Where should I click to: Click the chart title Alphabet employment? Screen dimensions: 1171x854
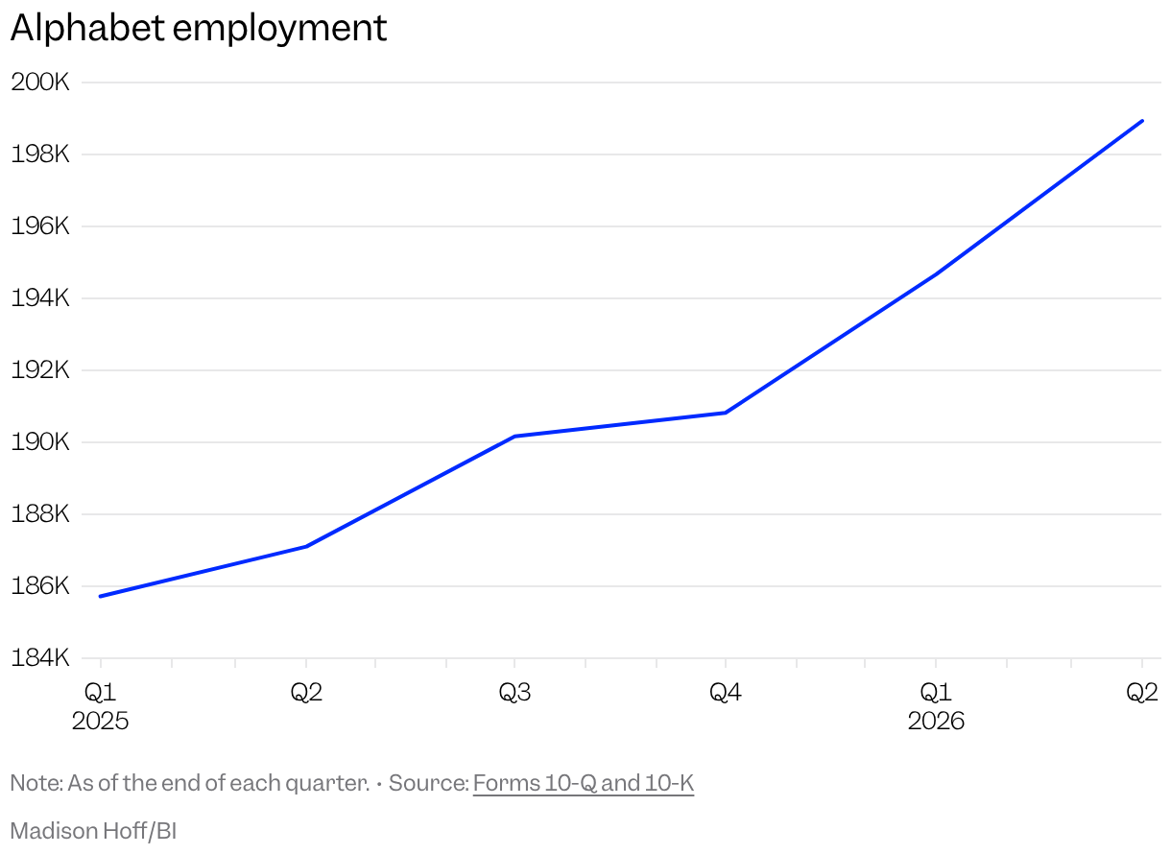pyautogui.click(x=199, y=28)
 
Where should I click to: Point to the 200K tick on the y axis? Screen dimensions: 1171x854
pyautogui.click(x=40, y=83)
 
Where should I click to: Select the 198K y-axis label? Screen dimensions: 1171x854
pyautogui.click(x=40, y=154)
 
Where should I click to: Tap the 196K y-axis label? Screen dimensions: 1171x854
pyautogui.click(x=40, y=226)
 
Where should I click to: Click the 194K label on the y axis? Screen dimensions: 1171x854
pyautogui.click(x=40, y=297)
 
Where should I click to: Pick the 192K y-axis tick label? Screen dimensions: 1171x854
pyautogui.click(x=40, y=370)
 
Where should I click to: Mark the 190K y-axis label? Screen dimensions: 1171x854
pyautogui.click(x=40, y=442)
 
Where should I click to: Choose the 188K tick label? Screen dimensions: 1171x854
pyautogui.click(x=40, y=513)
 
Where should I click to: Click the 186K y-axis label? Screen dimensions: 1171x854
pyautogui.click(x=40, y=586)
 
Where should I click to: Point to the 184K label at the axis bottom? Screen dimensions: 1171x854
pyautogui.click(x=40, y=657)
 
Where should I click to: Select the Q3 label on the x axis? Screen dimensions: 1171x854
pyautogui.click(x=514, y=693)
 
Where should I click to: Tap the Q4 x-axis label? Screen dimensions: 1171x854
pyautogui.click(x=726, y=693)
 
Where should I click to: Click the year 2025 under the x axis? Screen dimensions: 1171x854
pyautogui.click(x=100, y=722)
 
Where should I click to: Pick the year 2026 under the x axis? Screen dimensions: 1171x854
pyautogui.click(x=936, y=722)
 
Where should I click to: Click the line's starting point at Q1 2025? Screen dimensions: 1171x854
pyautogui.click(x=101, y=596)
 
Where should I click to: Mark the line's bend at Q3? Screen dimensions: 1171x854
pyautogui.click(x=514, y=437)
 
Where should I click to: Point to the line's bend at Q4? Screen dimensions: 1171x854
pyautogui.click(x=726, y=413)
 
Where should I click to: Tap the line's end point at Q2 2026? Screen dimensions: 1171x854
pyautogui.click(x=1142, y=121)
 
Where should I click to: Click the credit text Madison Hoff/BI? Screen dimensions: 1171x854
pyautogui.click(x=93, y=831)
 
